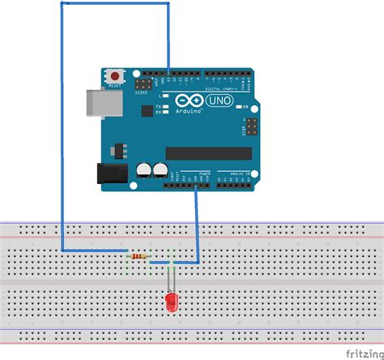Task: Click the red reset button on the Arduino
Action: [x=113, y=75]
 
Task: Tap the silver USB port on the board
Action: [x=96, y=103]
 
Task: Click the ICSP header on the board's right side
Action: [x=250, y=127]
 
